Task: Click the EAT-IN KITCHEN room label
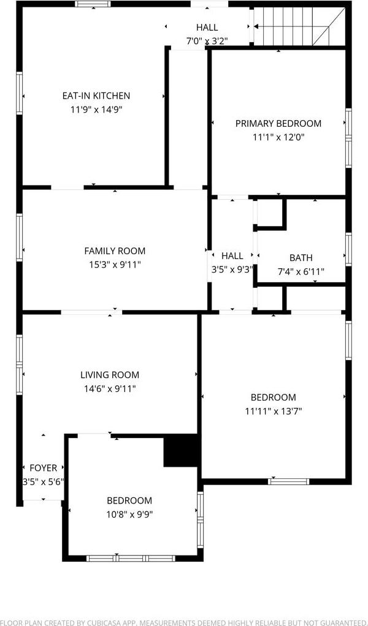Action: tap(96, 96)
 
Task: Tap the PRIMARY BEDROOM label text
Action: tap(278, 123)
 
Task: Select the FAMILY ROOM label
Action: tap(115, 251)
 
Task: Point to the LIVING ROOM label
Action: tap(110, 375)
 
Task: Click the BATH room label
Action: tap(301, 258)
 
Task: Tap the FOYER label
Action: tap(44, 468)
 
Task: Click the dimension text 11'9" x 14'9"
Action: tap(96, 110)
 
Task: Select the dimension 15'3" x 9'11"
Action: tap(115, 264)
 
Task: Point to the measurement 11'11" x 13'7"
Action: tap(274, 411)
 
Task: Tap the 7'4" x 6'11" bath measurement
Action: tap(301, 272)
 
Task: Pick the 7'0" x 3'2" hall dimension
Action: tap(207, 40)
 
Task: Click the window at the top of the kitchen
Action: tap(93, 4)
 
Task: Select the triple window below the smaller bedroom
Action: tap(131, 558)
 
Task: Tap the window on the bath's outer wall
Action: tap(348, 249)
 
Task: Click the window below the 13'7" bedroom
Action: tap(288, 481)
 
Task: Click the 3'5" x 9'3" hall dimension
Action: tap(232, 270)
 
